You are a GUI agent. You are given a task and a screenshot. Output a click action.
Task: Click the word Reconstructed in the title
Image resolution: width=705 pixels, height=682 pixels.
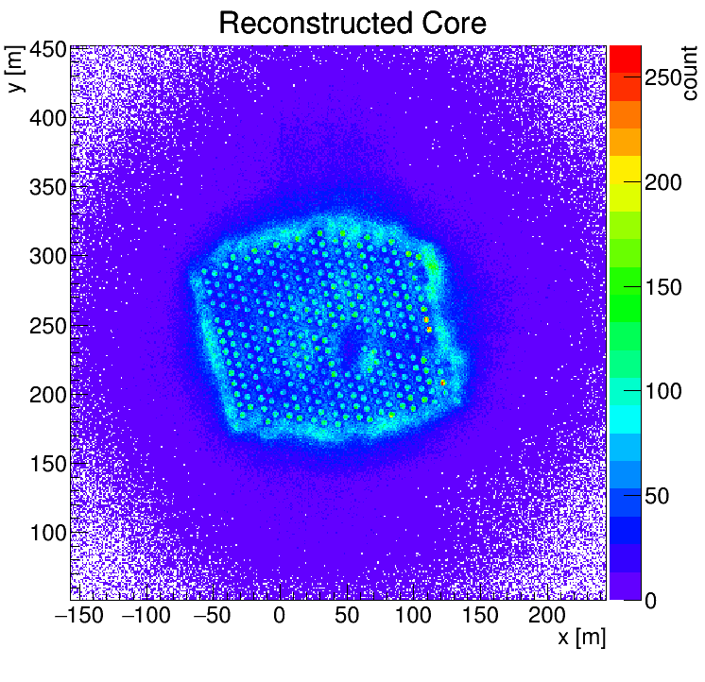tap(316, 23)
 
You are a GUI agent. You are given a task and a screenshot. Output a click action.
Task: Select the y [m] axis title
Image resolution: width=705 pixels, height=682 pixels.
tap(14, 69)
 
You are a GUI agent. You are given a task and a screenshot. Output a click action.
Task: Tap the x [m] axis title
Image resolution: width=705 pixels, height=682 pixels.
tap(582, 638)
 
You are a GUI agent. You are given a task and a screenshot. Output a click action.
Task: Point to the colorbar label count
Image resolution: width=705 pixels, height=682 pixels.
tap(689, 74)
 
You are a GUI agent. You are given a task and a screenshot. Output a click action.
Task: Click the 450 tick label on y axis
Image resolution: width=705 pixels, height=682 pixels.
tap(48, 50)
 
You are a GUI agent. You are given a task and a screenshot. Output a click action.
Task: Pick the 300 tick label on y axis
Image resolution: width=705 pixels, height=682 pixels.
tap(48, 257)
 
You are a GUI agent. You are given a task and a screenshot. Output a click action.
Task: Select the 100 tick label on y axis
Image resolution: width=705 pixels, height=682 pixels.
tap(48, 533)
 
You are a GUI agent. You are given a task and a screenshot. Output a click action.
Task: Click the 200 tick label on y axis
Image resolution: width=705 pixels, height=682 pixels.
tap(48, 395)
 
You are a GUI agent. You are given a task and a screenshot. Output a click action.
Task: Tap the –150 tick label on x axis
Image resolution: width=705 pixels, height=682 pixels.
tap(79, 615)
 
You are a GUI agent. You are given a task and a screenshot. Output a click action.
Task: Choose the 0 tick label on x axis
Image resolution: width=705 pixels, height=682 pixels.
tap(279, 615)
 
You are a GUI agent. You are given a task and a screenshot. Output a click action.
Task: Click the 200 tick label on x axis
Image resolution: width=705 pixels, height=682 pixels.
tap(547, 615)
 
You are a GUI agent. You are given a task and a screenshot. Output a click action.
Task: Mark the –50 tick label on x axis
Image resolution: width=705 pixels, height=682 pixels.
tap(213, 615)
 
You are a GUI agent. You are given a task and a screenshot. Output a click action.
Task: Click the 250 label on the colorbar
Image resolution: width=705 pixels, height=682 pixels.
tap(663, 77)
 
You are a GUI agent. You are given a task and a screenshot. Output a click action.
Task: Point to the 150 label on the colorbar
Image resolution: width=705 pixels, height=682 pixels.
tap(663, 287)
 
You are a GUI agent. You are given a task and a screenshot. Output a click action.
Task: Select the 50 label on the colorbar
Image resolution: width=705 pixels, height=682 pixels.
tap(657, 496)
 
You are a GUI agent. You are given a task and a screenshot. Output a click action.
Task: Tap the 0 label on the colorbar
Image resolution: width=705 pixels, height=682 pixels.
tap(650, 601)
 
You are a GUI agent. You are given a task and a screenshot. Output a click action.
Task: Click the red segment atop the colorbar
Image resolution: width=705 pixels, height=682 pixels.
tap(625, 60)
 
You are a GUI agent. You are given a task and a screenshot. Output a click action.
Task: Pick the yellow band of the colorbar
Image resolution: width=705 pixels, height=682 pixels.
tap(625, 169)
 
